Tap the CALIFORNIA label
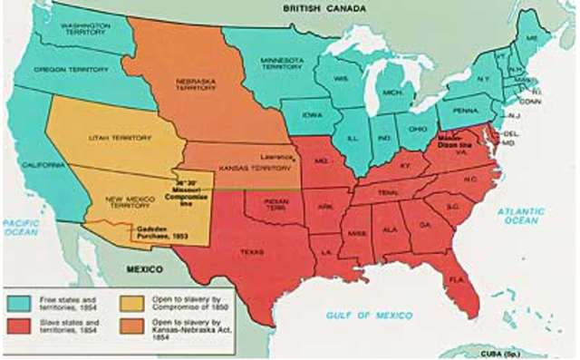point(41,167)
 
